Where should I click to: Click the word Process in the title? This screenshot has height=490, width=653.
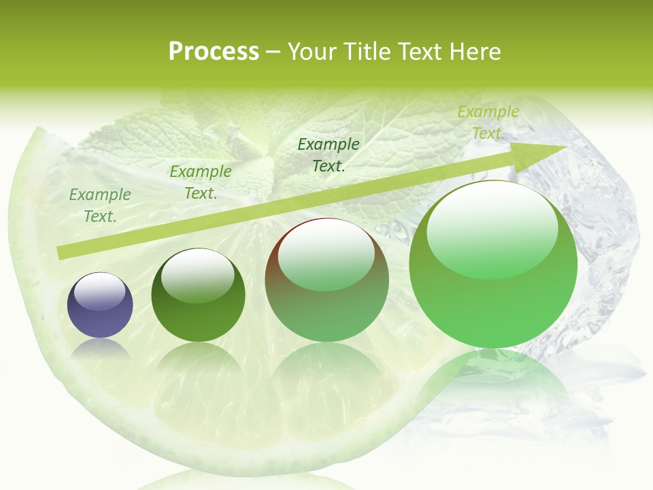(x=214, y=52)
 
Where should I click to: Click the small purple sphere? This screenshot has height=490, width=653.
(x=100, y=305)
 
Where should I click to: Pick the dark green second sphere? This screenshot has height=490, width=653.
(x=198, y=295)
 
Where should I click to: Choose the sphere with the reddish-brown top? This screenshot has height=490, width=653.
(x=326, y=280)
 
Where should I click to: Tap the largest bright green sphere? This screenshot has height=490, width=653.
(x=493, y=264)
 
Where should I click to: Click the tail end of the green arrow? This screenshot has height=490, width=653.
(x=63, y=252)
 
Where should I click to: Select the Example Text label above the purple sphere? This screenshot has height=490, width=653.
(x=100, y=206)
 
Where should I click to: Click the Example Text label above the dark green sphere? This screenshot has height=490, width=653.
(x=201, y=182)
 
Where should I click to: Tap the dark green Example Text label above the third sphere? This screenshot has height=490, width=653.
(x=329, y=154)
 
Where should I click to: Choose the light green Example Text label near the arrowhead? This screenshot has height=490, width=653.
(x=488, y=122)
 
